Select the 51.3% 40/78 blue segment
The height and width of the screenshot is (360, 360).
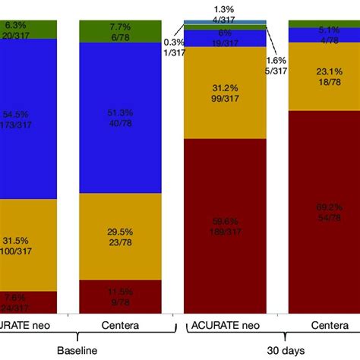point(122,118)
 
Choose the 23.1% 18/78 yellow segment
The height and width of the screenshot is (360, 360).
point(324,76)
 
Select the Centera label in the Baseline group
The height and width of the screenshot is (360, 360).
point(122,325)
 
